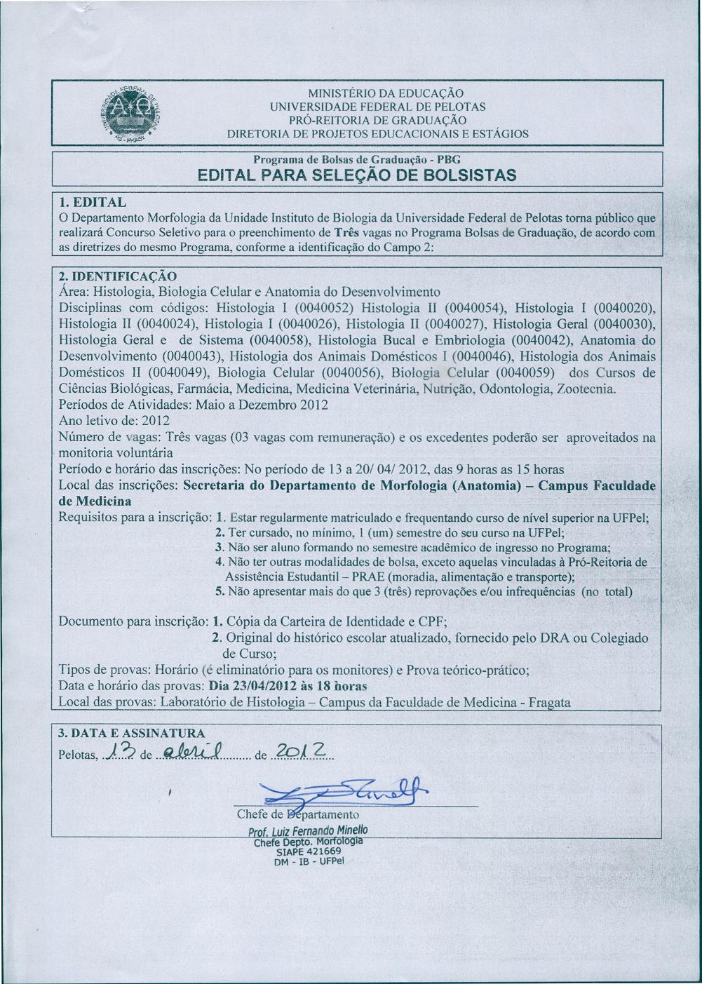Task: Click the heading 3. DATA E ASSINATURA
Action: [x=131, y=733]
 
